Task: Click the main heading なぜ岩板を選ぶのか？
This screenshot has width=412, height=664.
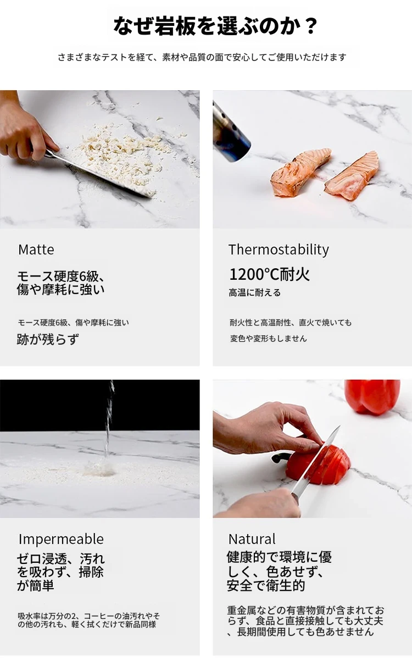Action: [x=215, y=26]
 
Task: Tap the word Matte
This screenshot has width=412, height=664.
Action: [x=36, y=250]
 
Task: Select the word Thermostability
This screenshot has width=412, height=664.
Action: [x=279, y=250]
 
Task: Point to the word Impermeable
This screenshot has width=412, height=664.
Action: [x=61, y=539]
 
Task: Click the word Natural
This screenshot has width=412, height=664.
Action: [x=252, y=539]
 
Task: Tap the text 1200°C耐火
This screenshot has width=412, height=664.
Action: [x=269, y=274]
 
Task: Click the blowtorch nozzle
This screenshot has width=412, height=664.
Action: [x=231, y=132]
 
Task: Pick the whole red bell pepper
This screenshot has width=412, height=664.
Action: [x=372, y=396]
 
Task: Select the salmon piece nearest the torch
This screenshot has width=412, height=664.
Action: [x=300, y=172]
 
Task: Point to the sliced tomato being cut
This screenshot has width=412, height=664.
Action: [x=319, y=467]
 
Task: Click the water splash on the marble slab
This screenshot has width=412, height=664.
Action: [x=99, y=468]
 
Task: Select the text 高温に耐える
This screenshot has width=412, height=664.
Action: [x=254, y=292]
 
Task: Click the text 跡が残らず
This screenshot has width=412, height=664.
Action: [x=48, y=339]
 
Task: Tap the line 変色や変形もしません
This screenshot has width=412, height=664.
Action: [x=268, y=338]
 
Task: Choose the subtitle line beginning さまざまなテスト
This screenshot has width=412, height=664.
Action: [x=202, y=57]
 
